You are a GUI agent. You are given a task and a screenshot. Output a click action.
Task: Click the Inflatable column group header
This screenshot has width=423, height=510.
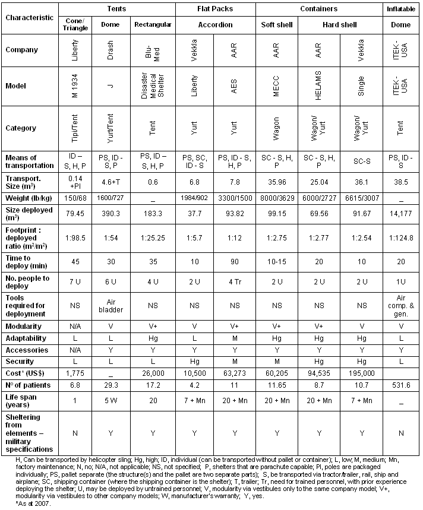click(401, 9)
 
